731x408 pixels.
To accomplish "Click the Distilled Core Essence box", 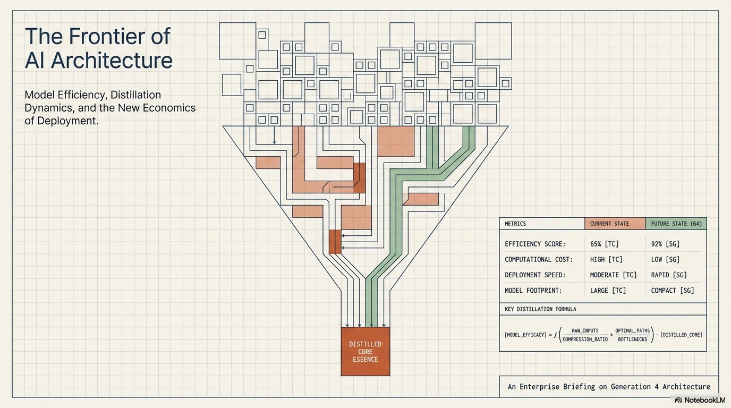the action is (365, 352).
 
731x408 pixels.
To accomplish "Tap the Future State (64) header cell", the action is (676, 224).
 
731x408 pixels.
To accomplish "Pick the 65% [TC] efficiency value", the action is (605, 244).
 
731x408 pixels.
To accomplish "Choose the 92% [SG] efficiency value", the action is (666, 244).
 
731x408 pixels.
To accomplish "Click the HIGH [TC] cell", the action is (606, 259).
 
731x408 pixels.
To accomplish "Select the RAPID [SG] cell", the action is (669, 275).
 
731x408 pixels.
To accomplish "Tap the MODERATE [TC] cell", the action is (614, 275).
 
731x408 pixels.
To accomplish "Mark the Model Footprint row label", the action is (533, 291).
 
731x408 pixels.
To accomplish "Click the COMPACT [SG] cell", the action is (673, 291).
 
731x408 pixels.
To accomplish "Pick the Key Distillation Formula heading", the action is (540, 309).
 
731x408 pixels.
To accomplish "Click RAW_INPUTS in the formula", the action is (585, 330).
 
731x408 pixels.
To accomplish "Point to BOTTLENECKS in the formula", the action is (632, 339).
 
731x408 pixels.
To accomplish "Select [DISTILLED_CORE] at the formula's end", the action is (682, 335).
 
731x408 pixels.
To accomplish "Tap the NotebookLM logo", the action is (700, 400).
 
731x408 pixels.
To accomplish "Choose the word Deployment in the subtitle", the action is (67, 121).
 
